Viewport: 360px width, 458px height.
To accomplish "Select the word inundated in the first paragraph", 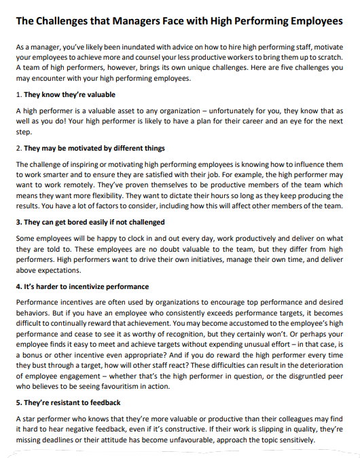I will point(112,50).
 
